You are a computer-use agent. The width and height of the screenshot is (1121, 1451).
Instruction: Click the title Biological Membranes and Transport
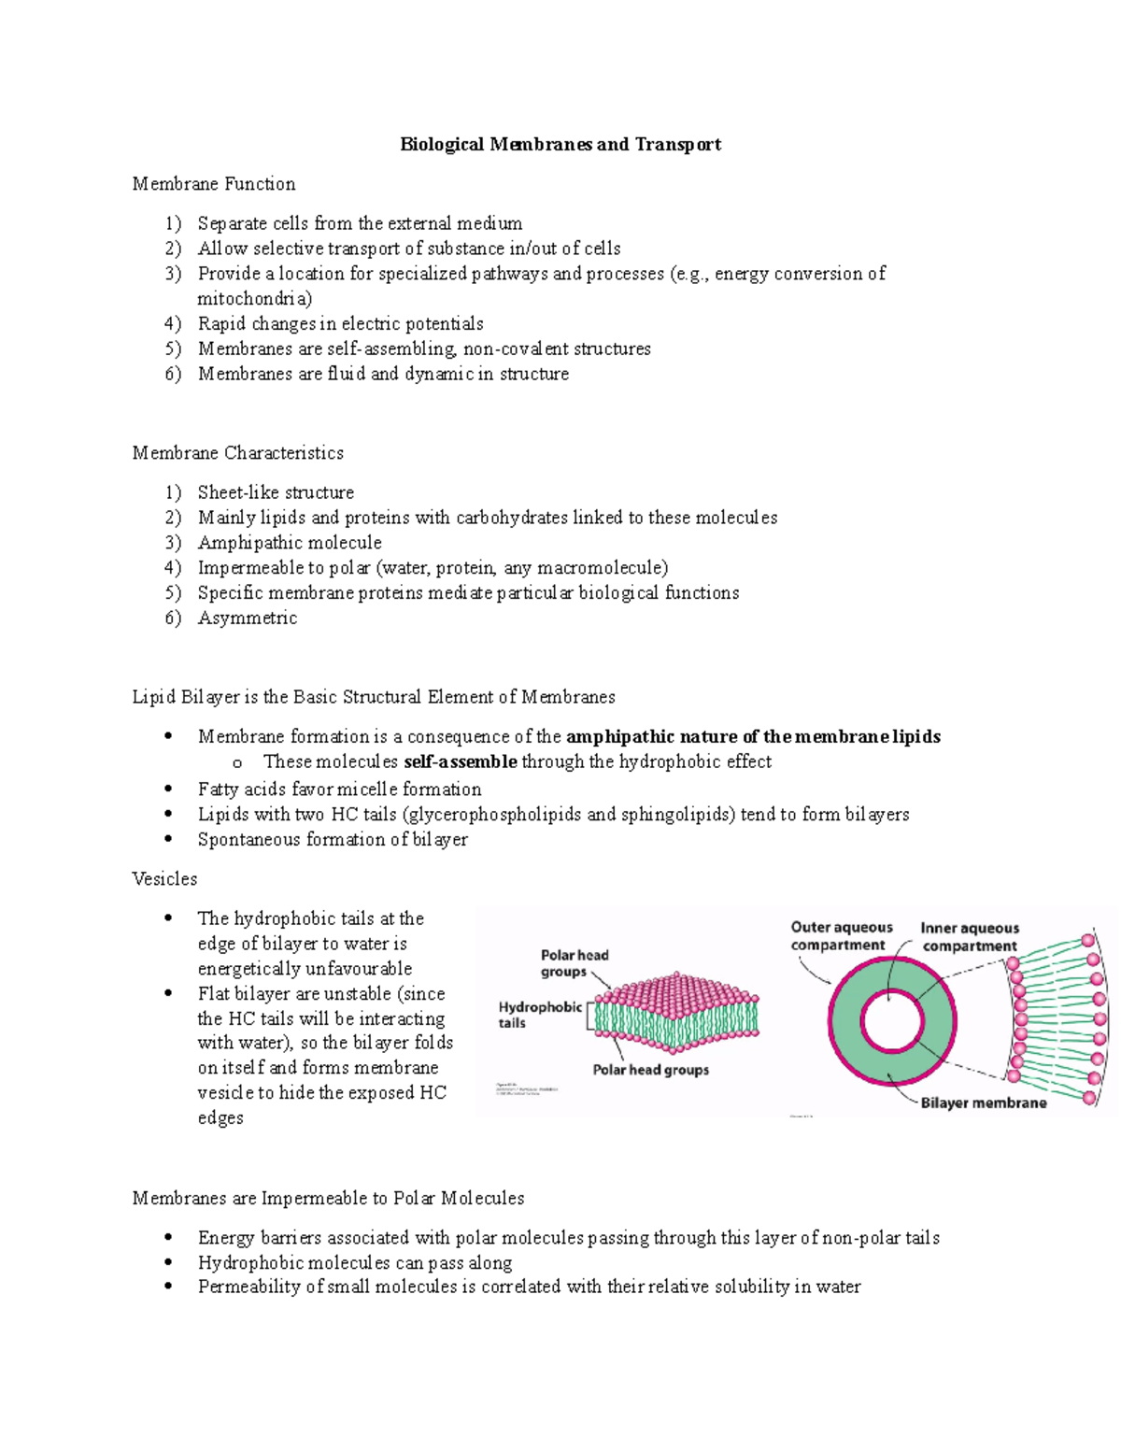pyautogui.click(x=560, y=145)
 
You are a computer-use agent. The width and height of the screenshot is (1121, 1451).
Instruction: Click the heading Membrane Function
pyautogui.click(x=214, y=184)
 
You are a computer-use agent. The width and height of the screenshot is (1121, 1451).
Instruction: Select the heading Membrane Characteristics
pyautogui.click(x=237, y=453)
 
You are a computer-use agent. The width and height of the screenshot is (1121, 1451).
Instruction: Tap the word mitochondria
pyautogui.click(x=254, y=299)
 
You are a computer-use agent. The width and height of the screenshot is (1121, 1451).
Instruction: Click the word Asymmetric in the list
pyautogui.click(x=248, y=619)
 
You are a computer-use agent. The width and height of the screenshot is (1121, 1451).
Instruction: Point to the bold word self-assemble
pyautogui.click(x=460, y=762)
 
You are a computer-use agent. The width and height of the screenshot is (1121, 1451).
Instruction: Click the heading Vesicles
pyautogui.click(x=164, y=879)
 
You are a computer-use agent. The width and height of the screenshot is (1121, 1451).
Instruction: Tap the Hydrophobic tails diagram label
pyautogui.click(x=539, y=1015)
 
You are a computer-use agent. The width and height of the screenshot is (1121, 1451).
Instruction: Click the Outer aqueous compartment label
pyautogui.click(x=841, y=936)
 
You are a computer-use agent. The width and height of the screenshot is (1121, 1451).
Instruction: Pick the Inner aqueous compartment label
pyautogui.click(x=969, y=937)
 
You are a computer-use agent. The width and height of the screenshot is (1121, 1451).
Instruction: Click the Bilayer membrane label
pyautogui.click(x=983, y=1103)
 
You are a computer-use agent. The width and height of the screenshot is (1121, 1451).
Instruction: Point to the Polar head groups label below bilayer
pyautogui.click(x=650, y=1070)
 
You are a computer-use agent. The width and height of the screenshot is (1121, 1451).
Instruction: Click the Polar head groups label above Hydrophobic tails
pyautogui.click(x=574, y=963)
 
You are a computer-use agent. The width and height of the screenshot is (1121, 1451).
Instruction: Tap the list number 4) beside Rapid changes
pyautogui.click(x=172, y=324)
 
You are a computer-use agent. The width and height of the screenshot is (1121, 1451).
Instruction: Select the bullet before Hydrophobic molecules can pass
pyautogui.click(x=168, y=1263)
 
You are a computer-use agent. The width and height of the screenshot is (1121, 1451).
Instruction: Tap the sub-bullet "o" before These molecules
pyautogui.click(x=237, y=763)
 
